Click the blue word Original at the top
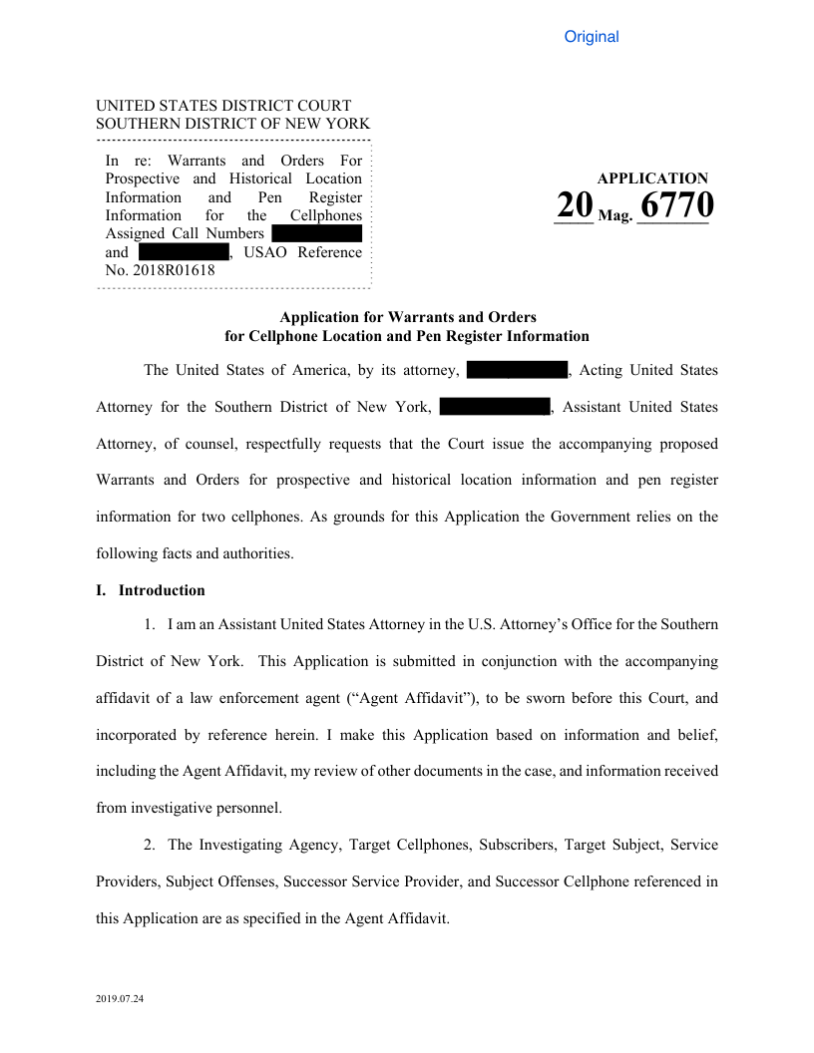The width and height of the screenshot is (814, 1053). point(592,37)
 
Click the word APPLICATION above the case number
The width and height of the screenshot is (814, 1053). point(652,178)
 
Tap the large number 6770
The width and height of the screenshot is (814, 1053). point(675,205)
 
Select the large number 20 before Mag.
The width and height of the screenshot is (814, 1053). point(574,205)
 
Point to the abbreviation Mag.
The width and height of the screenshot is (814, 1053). point(614,213)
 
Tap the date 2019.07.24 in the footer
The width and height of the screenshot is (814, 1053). point(120,998)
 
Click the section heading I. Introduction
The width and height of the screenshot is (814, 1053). point(151,590)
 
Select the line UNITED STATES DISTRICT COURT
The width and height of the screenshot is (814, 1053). point(223,106)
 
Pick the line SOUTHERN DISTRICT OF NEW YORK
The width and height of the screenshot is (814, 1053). point(232,124)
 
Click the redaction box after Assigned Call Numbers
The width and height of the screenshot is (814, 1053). point(316,233)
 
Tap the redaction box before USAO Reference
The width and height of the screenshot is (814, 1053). point(184,251)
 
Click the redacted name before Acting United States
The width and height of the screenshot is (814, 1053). point(517,370)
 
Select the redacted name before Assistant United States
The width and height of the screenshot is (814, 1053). point(495,407)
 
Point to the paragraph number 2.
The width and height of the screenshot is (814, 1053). point(149,845)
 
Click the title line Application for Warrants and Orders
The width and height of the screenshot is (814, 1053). point(407,317)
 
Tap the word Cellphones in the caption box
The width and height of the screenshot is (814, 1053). point(326,215)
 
